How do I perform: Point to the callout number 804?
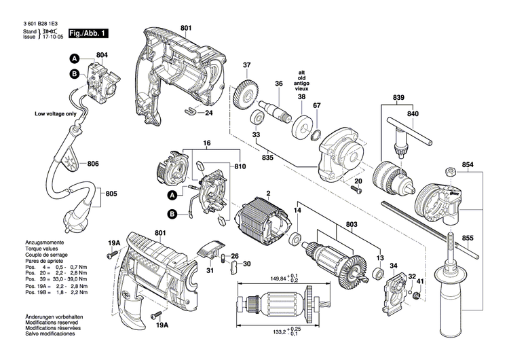click(x=102, y=54)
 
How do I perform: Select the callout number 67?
click(x=317, y=105)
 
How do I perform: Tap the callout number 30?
click(x=246, y=264)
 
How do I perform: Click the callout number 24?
click(x=209, y=113)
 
